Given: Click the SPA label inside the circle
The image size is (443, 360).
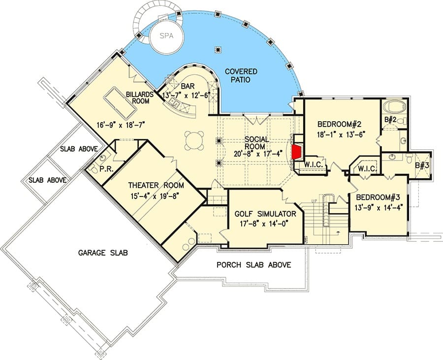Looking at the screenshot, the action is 166,36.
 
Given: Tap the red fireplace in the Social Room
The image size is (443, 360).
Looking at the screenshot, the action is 296,152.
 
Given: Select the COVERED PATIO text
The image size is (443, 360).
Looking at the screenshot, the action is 241,76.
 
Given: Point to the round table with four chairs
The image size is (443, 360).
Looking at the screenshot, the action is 194,140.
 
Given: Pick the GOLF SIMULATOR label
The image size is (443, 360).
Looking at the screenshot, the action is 265,214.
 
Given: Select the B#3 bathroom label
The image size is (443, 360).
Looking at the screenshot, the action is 422,165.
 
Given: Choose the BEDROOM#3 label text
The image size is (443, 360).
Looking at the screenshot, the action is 378,197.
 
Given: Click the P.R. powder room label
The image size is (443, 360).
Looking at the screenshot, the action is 106,169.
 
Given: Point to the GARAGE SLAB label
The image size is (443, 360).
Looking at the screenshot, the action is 103,253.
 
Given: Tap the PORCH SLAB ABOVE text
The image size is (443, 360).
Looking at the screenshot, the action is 253,265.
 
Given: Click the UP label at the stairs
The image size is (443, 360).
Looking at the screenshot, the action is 314,200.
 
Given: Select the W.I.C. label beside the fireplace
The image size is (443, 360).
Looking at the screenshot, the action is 314,165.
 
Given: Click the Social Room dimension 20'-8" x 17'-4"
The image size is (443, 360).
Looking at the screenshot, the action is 256,154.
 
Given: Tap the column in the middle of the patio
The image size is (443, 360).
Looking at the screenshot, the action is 218,50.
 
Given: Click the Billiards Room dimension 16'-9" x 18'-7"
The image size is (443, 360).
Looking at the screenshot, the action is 121,125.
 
